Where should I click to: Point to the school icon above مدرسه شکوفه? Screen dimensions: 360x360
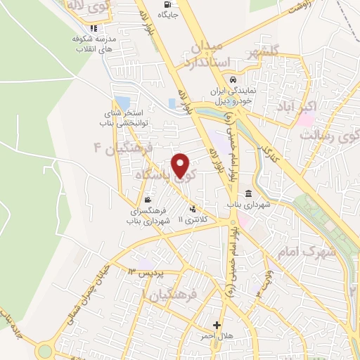pyautogui.click(x=86, y=30)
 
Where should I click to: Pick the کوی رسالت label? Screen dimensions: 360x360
pyautogui.click(x=324, y=134)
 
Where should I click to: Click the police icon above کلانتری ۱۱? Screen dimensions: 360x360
pyautogui.click(x=193, y=208)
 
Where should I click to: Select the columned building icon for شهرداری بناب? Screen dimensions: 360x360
pyautogui.click(x=249, y=194)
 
